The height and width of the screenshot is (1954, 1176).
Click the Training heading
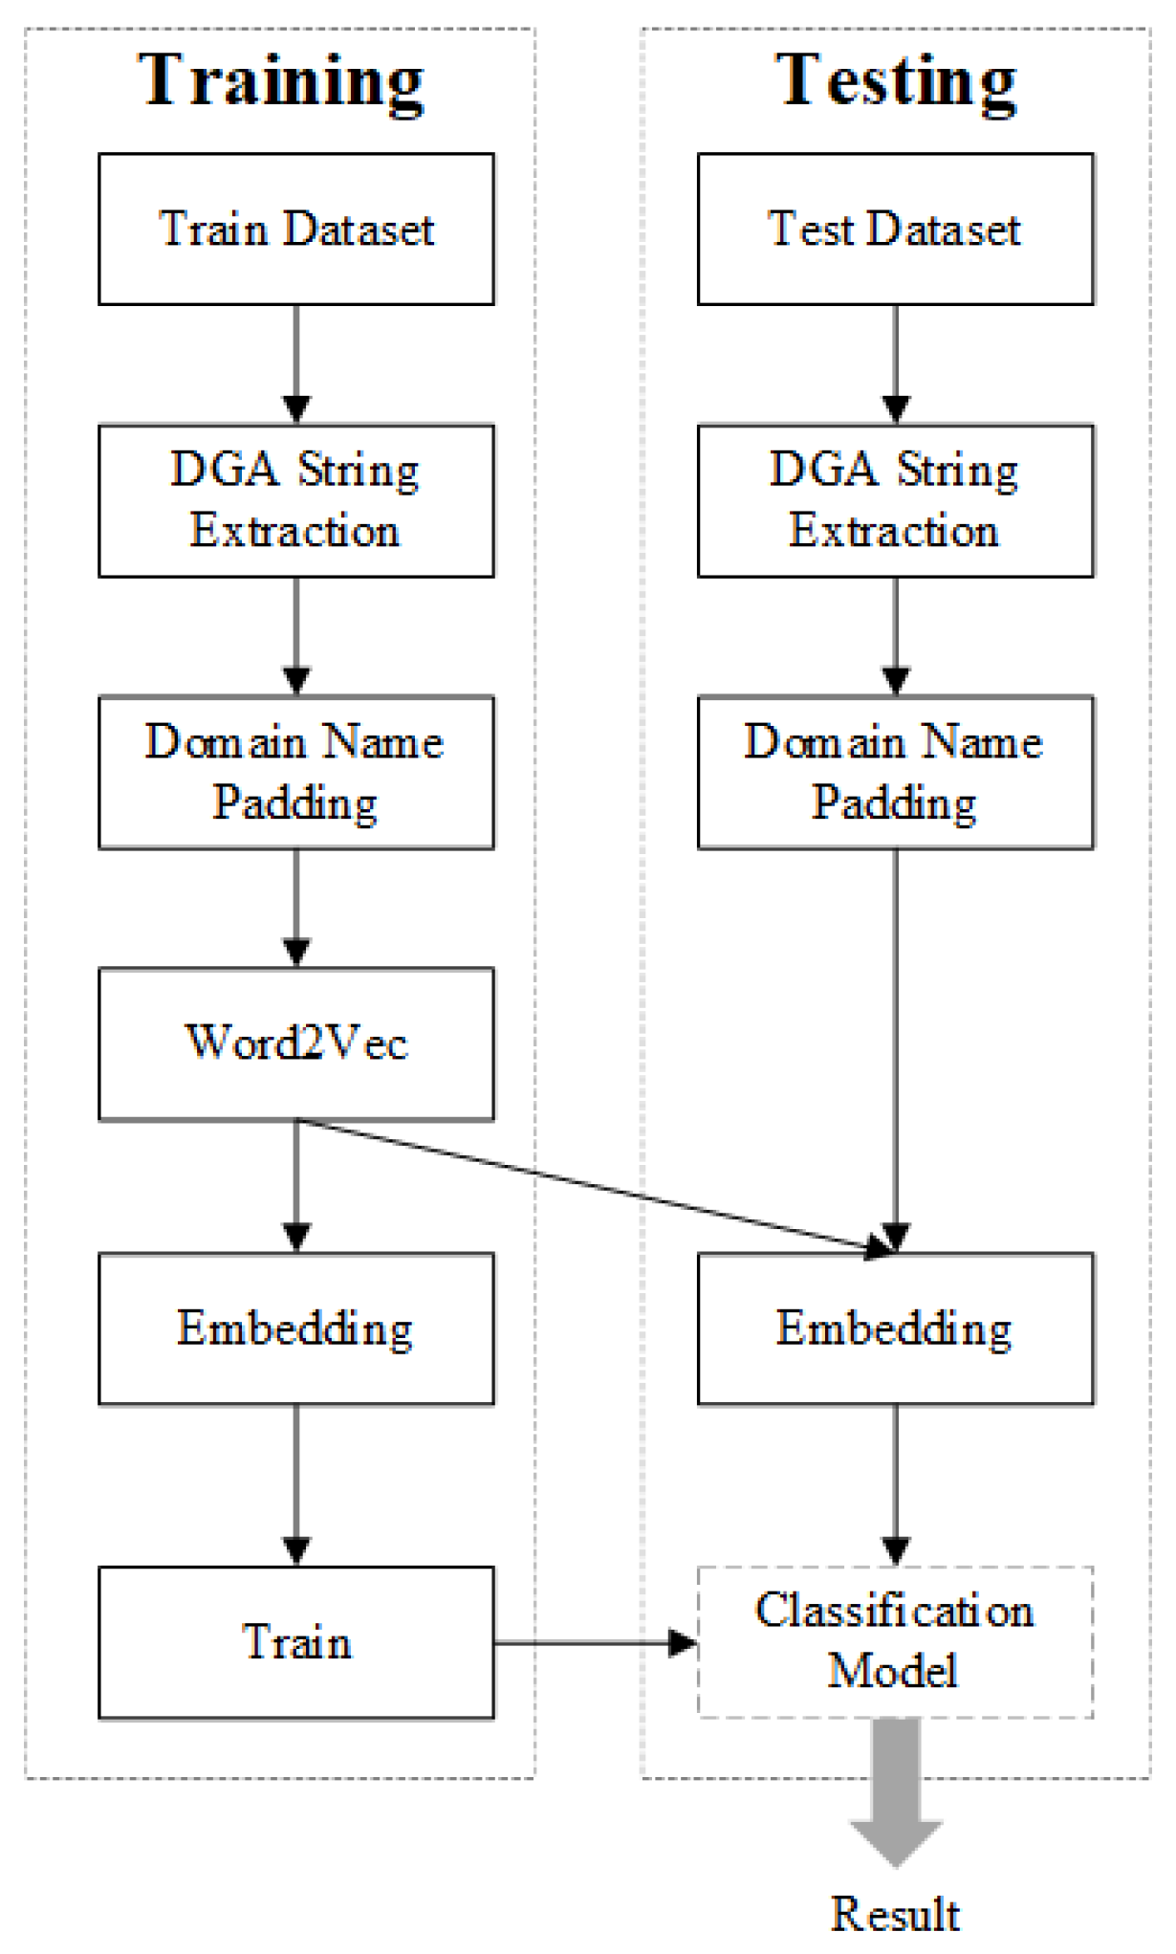[x=281, y=81]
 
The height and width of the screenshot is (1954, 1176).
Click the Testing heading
[x=895, y=81]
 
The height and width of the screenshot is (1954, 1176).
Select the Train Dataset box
[x=296, y=230]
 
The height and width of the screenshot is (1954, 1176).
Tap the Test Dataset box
[x=896, y=230]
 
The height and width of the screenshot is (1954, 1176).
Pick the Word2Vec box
[x=296, y=1043]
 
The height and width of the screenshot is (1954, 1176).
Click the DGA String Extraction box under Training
[x=296, y=501]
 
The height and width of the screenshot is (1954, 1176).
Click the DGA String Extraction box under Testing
[x=896, y=501]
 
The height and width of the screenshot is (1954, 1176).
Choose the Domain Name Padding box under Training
[x=296, y=773]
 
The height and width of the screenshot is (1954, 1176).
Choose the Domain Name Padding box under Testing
[x=896, y=773]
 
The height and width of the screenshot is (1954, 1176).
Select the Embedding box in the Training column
[x=296, y=1328]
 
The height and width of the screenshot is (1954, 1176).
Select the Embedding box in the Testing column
[x=896, y=1328]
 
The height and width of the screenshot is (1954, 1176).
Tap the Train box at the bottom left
[x=296, y=1642]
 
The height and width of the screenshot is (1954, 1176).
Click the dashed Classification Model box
[x=896, y=1642]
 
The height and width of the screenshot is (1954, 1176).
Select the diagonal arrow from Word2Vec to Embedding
[x=594, y=1186]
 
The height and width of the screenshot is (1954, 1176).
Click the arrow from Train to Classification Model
[x=596, y=1643]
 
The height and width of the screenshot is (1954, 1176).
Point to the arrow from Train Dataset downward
[x=296, y=364]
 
